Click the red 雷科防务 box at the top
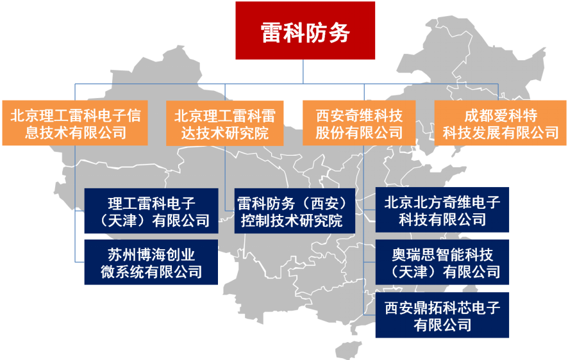click(x=305, y=30)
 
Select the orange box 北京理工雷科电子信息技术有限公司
click(x=75, y=123)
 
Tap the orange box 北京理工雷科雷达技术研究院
click(x=224, y=124)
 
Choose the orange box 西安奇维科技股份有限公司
click(x=359, y=123)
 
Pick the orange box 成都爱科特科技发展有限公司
click(x=500, y=123)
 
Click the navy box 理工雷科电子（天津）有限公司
click(x=151, y=211)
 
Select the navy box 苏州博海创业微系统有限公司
click(x=151, y=262)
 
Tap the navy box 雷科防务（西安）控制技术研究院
click(x=294, y=211)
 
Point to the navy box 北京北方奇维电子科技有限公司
click(x=442, y=210)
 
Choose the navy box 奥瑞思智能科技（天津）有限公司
click(x=442, y=262)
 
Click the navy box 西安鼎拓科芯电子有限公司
click(x=442, y=315)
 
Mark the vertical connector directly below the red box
click(x=303, y=72)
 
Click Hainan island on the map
click(x=347, y=350)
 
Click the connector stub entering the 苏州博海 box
click(x=79, y=261)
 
